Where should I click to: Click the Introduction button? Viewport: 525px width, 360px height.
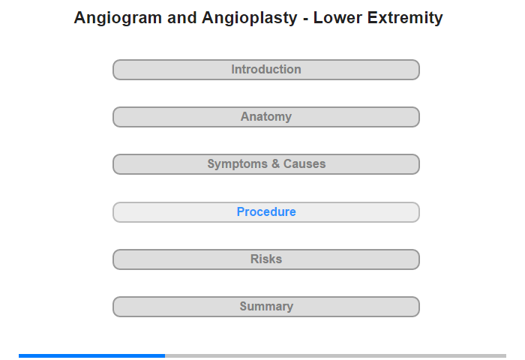[x=266, y=70]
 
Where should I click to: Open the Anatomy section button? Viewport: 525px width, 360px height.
[x=266, y=117]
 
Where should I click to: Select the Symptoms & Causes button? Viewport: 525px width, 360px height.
[x=266, y=164]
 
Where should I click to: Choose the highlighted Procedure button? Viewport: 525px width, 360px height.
[x=266, y=212]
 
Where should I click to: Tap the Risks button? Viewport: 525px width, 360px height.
[x=266, y=259]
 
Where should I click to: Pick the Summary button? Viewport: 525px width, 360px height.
[x=266, y=307]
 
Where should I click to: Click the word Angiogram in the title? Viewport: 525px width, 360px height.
[x=118, y=19]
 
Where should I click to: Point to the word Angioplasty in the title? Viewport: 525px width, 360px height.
[x=250, y=19]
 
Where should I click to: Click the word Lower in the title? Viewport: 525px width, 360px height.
[x=337, y=18]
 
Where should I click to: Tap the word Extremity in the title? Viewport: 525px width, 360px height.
[x=405, y=19]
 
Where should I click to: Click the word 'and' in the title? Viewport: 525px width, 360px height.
[x=181, y=18]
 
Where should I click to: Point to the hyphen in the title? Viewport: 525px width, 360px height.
[x=305, y=19]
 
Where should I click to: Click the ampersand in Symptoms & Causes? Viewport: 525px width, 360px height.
[x=275, y=163]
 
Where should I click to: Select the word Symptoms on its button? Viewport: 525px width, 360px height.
[x=238, y=164]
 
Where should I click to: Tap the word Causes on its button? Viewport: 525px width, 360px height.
[x=304, y=163]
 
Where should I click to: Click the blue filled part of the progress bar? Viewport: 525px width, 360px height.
[x=91, y=355]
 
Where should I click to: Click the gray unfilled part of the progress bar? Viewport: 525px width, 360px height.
[x=335, y=355]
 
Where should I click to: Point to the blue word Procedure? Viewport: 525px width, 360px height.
[x=266, y=211]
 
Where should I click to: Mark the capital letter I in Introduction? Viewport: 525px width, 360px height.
[x=233, y=69]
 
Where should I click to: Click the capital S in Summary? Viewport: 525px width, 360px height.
[x=244, y=306]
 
